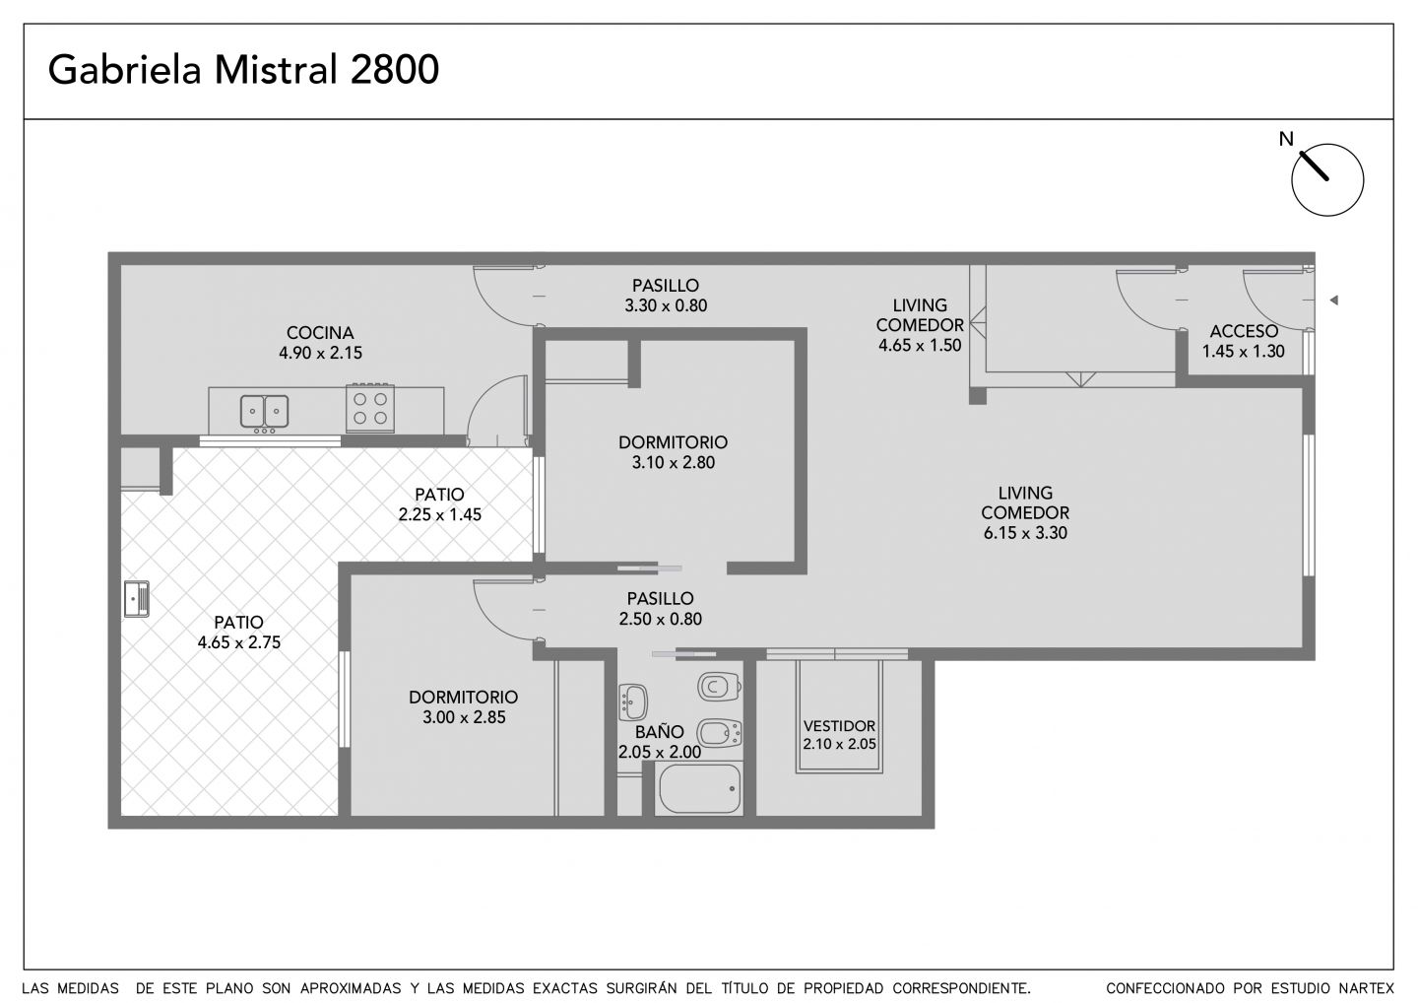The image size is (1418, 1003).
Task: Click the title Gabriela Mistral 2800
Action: coord(243,70)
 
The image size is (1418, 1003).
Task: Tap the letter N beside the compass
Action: coord(1286,139)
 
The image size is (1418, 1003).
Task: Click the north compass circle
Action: coord(1327,180)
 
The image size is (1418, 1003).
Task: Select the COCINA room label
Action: coord(320,333)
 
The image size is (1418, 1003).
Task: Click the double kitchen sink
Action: coord(265,412)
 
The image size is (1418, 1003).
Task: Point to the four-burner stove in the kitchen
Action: coord(370,409)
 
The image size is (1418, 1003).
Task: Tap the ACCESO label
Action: coord(1244,331)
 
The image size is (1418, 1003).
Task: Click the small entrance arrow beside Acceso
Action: coord(1333,301)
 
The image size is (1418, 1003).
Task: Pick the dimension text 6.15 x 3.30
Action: coord(1025,533)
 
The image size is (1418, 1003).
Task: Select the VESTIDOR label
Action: coord(839,726)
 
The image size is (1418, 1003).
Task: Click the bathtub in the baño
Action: coord(699,789)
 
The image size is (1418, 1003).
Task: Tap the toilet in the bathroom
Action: coord(719,686)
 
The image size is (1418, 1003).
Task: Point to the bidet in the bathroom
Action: coord(719,733)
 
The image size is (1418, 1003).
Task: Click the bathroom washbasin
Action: coord(632,702)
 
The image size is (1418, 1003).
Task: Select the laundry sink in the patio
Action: coord(136,598)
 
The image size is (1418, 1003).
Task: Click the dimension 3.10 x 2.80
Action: coord(673,463)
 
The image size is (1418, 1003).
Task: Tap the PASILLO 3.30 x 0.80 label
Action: coord(666,296)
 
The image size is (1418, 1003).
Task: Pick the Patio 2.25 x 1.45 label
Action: coord(440,504)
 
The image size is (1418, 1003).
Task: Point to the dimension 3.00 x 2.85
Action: coord(464,717)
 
